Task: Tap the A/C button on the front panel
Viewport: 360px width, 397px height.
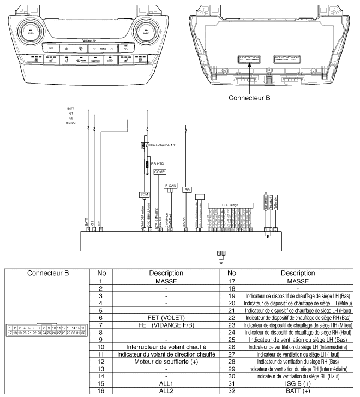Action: (125, 48)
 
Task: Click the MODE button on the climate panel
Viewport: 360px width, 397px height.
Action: (88, 48)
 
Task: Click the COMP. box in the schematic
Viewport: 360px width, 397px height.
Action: (159, 171)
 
